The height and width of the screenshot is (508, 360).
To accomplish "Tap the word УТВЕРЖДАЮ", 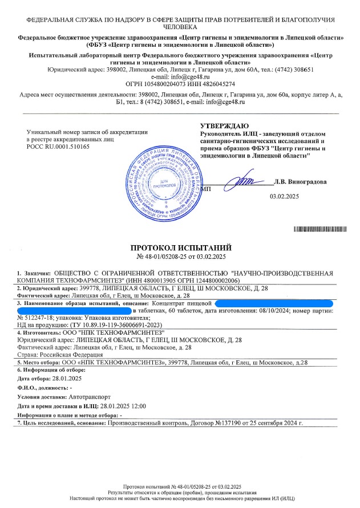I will click(224, 126).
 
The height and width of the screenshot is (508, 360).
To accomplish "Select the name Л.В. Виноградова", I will click(300, 182).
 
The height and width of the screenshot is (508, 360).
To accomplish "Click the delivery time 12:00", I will click(139, 405).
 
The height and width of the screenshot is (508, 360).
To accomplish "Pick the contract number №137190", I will click(230, 424).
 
